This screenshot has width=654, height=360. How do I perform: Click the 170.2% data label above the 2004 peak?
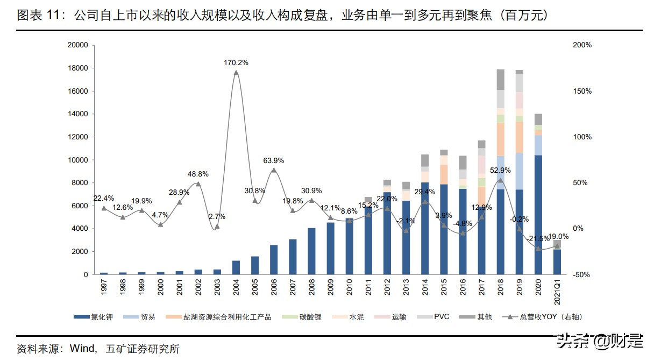[x=236, y=62]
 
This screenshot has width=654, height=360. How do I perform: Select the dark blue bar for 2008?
[x=311, y=251]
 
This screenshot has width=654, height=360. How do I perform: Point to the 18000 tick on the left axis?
[x=77, y=68]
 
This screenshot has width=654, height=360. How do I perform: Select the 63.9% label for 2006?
[x=273, y=160]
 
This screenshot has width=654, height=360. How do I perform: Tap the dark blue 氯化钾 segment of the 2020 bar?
[x=538, y=215]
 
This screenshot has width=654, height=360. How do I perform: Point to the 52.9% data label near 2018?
[x=500, y=170]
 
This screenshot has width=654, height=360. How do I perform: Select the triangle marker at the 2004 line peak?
[x=236, y=73]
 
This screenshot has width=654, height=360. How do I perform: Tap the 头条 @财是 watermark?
[x=600, y=340]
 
